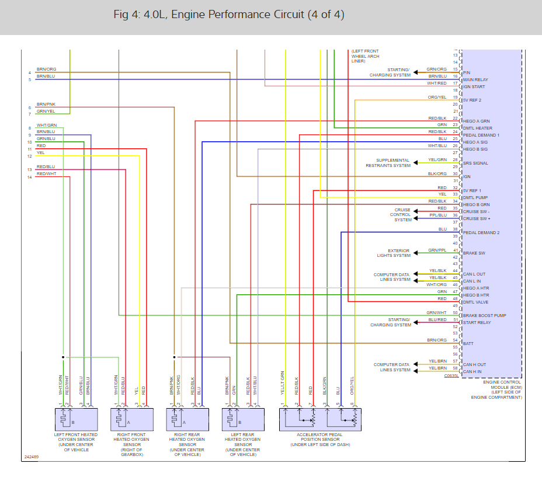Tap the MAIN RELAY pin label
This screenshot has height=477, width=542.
point(476,79)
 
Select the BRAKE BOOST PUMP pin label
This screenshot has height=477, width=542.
point(485,316)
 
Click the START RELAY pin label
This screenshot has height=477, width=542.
point(477,323)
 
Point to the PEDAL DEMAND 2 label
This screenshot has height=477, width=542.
point(481,233)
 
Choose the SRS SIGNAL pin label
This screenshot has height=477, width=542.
point(475,163)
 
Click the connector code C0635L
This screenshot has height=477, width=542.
point(452,376)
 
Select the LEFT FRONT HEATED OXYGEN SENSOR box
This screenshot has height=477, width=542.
point(76,419)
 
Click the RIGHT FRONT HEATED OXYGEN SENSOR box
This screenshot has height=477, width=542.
point(131,419)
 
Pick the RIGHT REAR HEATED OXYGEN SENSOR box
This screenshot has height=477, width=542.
point(187,419)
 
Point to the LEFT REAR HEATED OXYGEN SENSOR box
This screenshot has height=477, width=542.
point(242,419)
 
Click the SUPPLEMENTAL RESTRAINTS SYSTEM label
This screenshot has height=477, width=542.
point(393,163)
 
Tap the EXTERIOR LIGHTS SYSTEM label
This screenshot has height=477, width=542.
point(395,253)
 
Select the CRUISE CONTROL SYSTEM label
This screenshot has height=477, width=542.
point(402,215)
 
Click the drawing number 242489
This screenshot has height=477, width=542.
point(32,457)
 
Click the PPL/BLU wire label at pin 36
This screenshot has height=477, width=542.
point(438,215)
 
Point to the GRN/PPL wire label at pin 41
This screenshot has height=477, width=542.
point(437,250)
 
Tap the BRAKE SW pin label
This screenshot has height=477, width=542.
point(474,254)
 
